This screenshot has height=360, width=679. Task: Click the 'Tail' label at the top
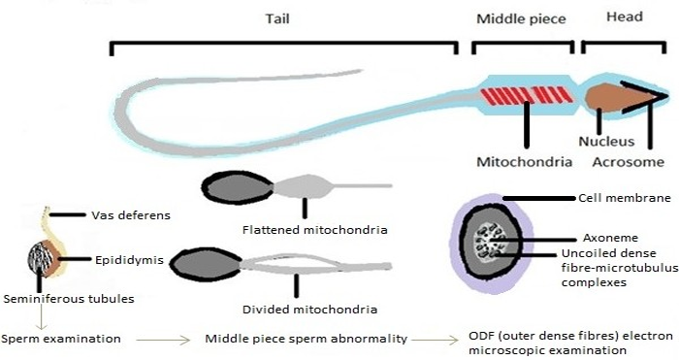[x=277, y=18]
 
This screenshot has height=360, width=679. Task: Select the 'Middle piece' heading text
[x=521, y=19]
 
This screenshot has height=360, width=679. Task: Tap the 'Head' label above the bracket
[x=625, y=16]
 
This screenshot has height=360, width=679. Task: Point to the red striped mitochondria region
[x=526, y=95]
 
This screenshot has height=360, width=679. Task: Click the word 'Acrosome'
[x=628, y=162]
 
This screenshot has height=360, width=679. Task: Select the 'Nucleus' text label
[x=606, y=142]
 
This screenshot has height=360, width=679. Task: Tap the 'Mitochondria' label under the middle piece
[x=525, y=162]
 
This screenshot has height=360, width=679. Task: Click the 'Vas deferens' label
[x=131, y=215]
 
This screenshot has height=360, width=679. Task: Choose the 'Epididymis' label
[x=129, y=260]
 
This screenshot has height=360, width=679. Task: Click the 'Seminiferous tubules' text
[x=69, y=299]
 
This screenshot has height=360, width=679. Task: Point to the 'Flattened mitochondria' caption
[x=315, y=230]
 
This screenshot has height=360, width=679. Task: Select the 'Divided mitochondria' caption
[x=309, y=310]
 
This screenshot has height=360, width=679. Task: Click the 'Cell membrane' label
[x=625, y=198]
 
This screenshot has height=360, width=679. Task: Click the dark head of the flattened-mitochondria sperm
[x=238, y=187]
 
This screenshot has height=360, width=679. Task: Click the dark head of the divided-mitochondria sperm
[x=206, y=264]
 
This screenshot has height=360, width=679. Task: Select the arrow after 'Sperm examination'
[x=163, y=340]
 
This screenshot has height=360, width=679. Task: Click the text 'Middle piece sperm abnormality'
[x=307, y=339]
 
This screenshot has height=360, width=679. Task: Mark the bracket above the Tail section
[x=284, y=44]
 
